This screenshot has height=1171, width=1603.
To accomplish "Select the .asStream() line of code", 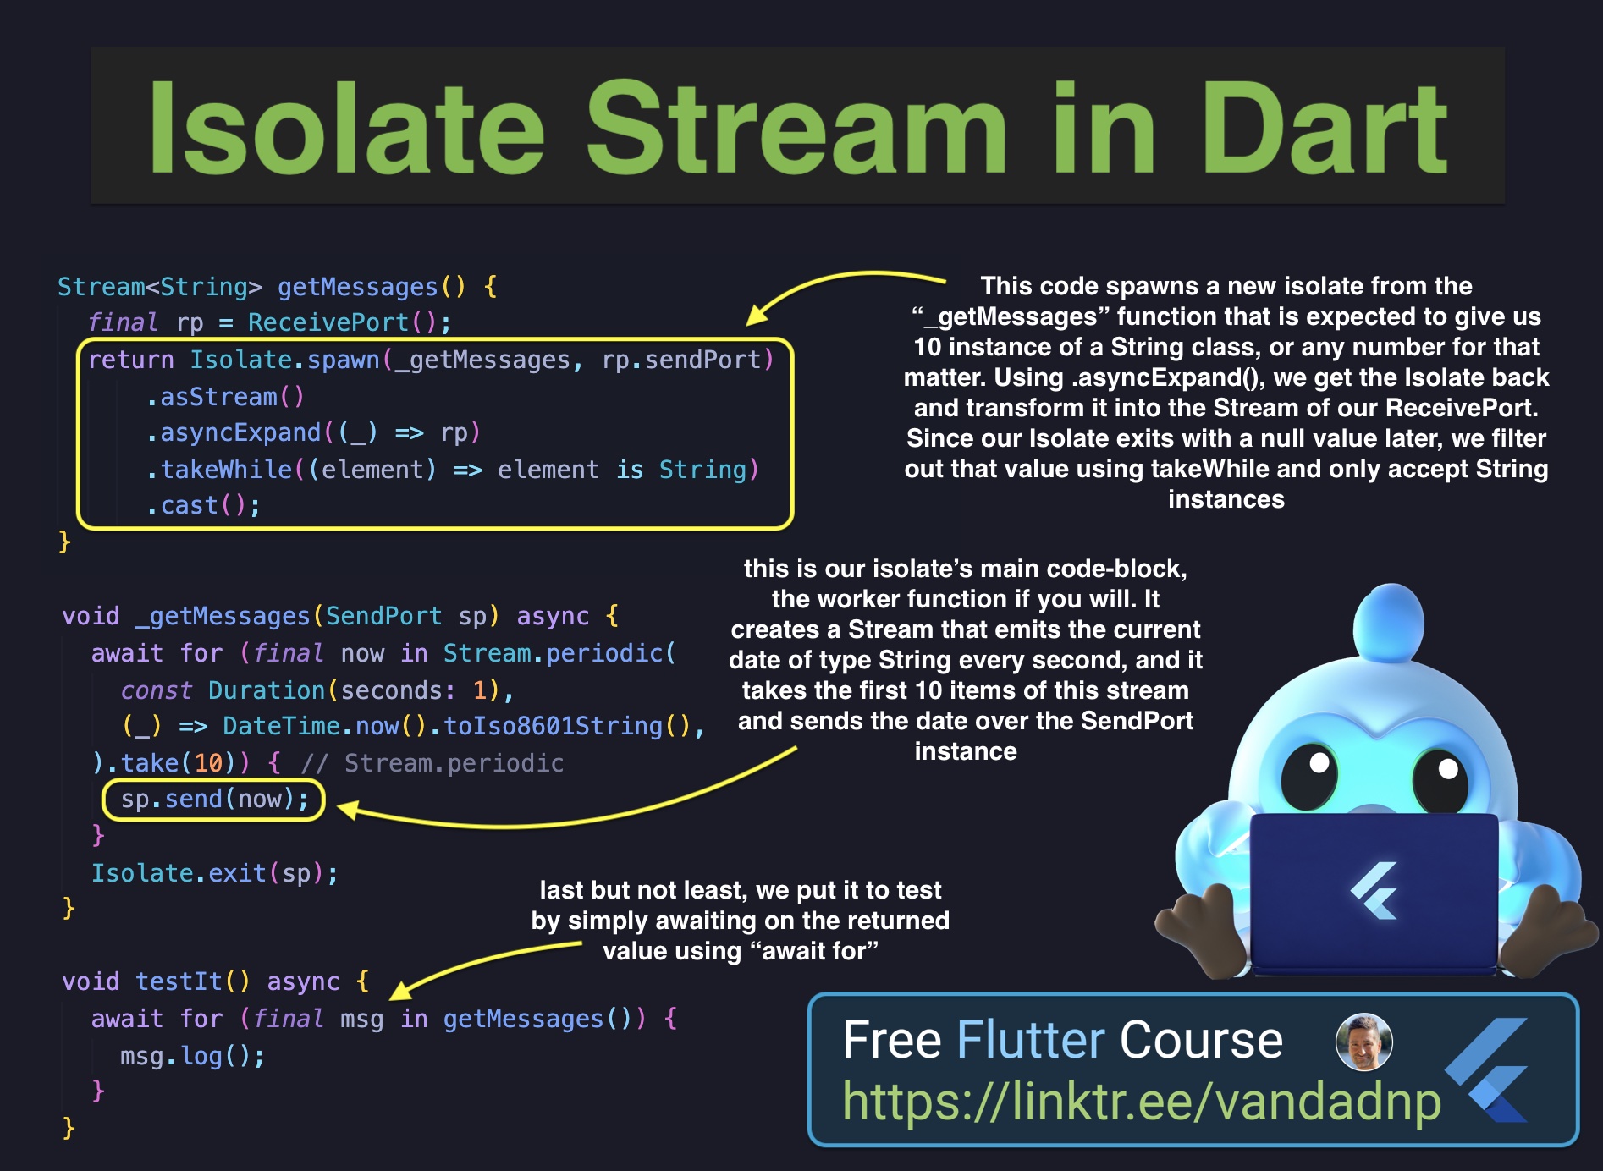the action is pyautogui.click(x=225, y=397).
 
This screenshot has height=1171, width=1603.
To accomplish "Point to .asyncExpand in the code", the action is pyautogui.click(x=233, y=432).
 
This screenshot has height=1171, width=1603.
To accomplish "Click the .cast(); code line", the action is pyautogui.click(x=203, y=505).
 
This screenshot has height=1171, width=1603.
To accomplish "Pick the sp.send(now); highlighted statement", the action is pyautogui.click(x=213, y=800).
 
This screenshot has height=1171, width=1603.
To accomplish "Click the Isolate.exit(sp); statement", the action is pyautogui.click(x=215, y=873).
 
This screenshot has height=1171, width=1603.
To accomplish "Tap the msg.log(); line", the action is pyautogui.click(x=192, y=1056).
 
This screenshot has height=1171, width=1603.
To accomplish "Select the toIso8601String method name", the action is pyautogui.click(x=554, y=726).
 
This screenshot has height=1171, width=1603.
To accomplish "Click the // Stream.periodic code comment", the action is pyautogui.click(x=432, y=763).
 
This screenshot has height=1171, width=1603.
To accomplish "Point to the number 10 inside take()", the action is pyautogui.click(x=208, y=763).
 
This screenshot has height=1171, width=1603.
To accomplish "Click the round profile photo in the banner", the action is pyautogui.click(x=1363, y=1042).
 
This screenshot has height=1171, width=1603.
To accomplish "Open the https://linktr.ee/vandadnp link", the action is pyautogui.click(x=1142, y=1102).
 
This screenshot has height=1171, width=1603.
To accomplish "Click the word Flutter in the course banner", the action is pyautogui.click(x=1031, y=1040).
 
